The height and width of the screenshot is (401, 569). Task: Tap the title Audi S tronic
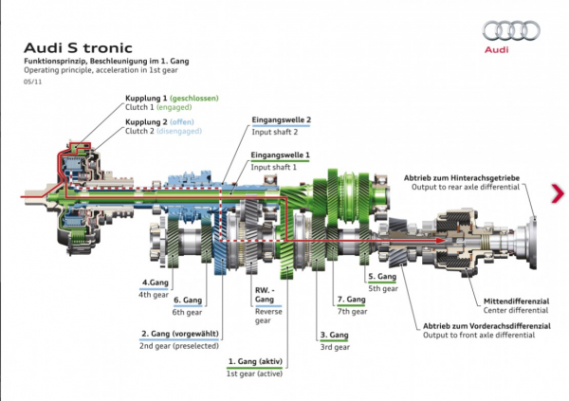tap(69, 46)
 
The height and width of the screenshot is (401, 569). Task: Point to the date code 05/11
tap(32, 81)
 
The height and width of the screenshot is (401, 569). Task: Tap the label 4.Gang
tap(155, 283)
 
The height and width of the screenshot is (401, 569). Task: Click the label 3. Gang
tap(336, 335)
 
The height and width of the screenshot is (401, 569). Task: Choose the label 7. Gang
tap(351, 300)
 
